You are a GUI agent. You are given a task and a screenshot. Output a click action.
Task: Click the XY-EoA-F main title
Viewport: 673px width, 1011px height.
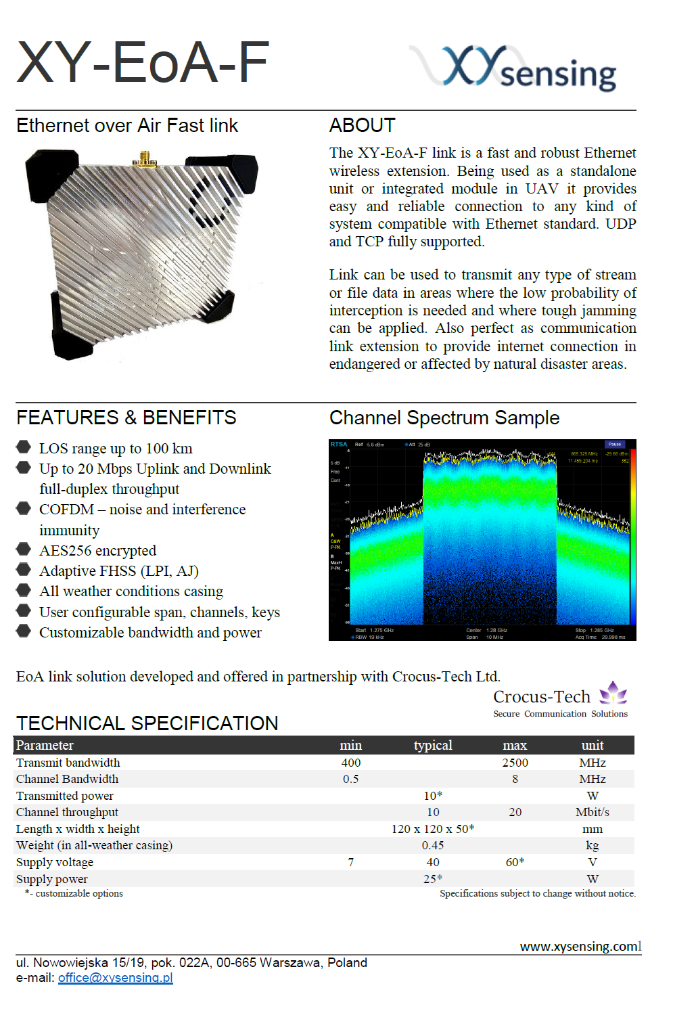tap(143, 62)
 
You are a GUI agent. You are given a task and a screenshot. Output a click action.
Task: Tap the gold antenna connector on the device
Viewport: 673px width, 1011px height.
tap(145, 159)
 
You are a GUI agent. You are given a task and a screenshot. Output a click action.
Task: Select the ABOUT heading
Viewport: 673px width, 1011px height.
tap(362, 125)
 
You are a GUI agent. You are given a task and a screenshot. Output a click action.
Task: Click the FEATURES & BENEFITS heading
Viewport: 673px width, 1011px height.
tap(126, 418)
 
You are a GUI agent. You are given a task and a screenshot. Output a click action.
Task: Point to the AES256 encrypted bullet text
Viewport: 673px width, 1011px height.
tap(97, 550)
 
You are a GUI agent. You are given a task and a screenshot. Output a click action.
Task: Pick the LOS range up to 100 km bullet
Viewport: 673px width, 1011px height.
tap(116, 448)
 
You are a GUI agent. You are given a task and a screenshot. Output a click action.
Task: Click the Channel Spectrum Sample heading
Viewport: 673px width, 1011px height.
tap(444, 418)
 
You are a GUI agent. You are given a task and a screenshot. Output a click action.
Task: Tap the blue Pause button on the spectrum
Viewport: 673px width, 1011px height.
tap(614, 445)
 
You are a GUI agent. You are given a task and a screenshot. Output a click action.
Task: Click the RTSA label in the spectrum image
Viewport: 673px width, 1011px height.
tap(338, 445)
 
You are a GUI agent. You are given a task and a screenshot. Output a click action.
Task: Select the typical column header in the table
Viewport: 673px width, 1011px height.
tap(433, 745)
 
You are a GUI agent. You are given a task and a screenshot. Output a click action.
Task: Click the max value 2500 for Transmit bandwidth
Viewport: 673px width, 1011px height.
tap(515, 763)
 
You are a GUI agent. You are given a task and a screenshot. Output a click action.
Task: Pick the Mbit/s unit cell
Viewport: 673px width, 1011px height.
tap(592, 812)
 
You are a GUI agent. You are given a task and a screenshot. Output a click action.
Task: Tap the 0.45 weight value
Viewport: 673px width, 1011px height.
tap(433, 845)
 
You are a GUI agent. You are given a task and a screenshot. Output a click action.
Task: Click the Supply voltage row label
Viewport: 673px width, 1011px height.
tap(55, 862)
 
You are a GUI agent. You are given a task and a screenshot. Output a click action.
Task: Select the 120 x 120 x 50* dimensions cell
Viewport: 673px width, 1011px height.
tap(433, 829)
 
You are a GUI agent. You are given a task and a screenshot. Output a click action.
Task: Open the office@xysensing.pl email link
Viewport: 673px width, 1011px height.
tap(115, 977)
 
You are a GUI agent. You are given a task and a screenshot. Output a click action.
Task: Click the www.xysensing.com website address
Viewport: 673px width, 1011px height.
tap(579, 946)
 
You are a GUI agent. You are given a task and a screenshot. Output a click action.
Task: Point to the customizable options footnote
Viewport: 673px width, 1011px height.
tap(75, 893)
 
